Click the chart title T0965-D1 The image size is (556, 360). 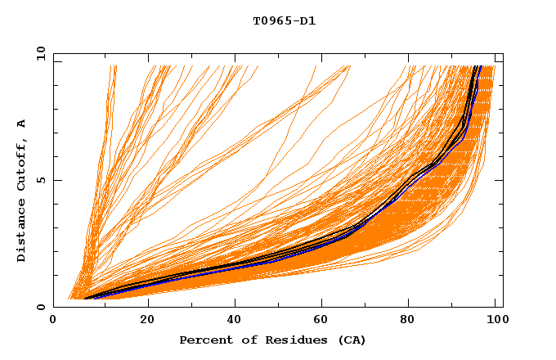[x=284, y=20]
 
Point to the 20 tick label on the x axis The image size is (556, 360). [x=146, y=322]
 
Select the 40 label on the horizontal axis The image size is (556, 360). [x=235, y=322]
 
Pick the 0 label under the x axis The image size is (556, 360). [x=54, y=322]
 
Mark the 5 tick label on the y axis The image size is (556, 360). [x=40, y=180]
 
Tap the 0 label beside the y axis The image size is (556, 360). [x=40, y=307]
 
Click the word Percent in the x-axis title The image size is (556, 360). [x=204, y=340]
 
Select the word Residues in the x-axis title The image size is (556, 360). [x=292, y=340]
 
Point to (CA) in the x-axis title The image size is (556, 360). [x=352, y=340]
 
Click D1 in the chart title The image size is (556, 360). [x=306, y=20]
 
